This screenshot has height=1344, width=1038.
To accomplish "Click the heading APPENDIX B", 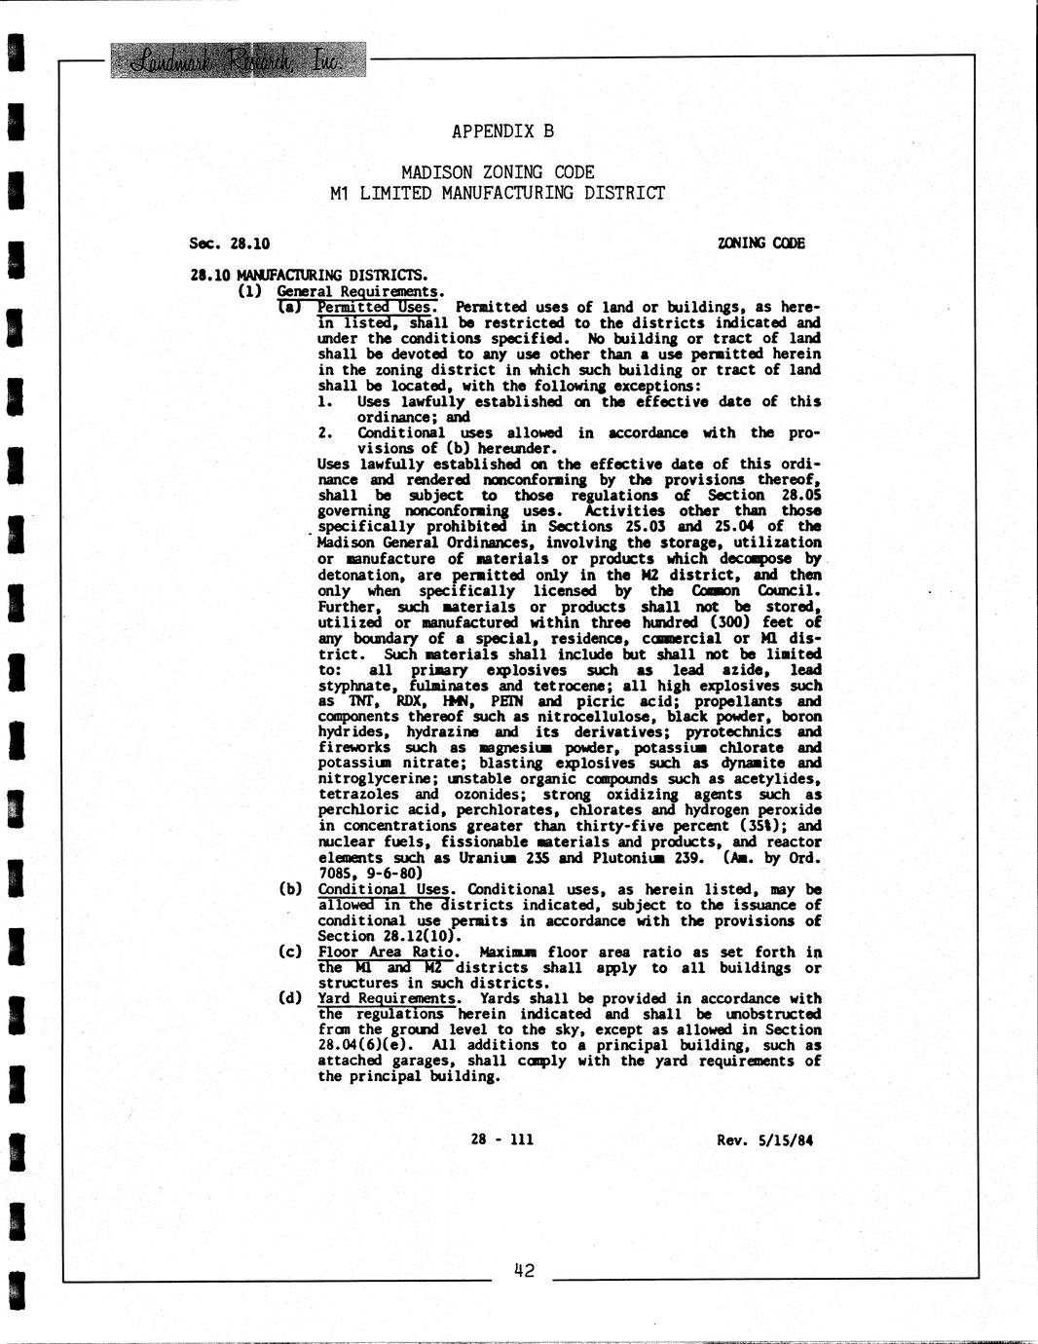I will (x=502, y=131).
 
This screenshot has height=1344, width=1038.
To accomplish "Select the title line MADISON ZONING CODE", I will (x=498, y=172).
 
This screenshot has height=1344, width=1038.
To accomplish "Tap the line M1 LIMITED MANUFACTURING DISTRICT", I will (x=498, y=193).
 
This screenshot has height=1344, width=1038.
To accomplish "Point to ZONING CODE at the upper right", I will (x=760, y=243).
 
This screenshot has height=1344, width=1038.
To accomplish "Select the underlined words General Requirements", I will (x=359, y=290).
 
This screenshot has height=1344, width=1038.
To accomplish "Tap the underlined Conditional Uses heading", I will (x=384, y=889).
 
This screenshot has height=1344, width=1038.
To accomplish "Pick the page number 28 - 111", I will (x=501, y=1139).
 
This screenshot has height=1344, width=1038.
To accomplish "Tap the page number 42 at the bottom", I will (x=523, y=1270).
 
